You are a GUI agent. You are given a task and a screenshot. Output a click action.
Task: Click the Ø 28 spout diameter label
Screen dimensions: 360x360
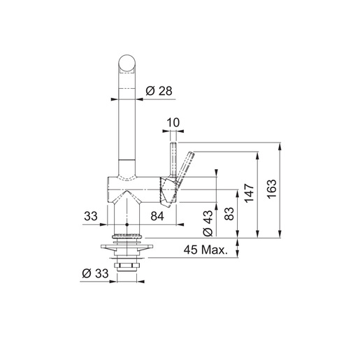[x=158, y=91]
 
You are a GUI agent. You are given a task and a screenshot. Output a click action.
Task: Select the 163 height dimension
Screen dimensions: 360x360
[x=273, y=189]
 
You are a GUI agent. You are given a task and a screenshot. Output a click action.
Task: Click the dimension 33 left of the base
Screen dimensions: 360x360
[x=91, y=217]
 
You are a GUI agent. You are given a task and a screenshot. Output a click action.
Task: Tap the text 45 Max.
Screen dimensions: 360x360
[x=207, y=250]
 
